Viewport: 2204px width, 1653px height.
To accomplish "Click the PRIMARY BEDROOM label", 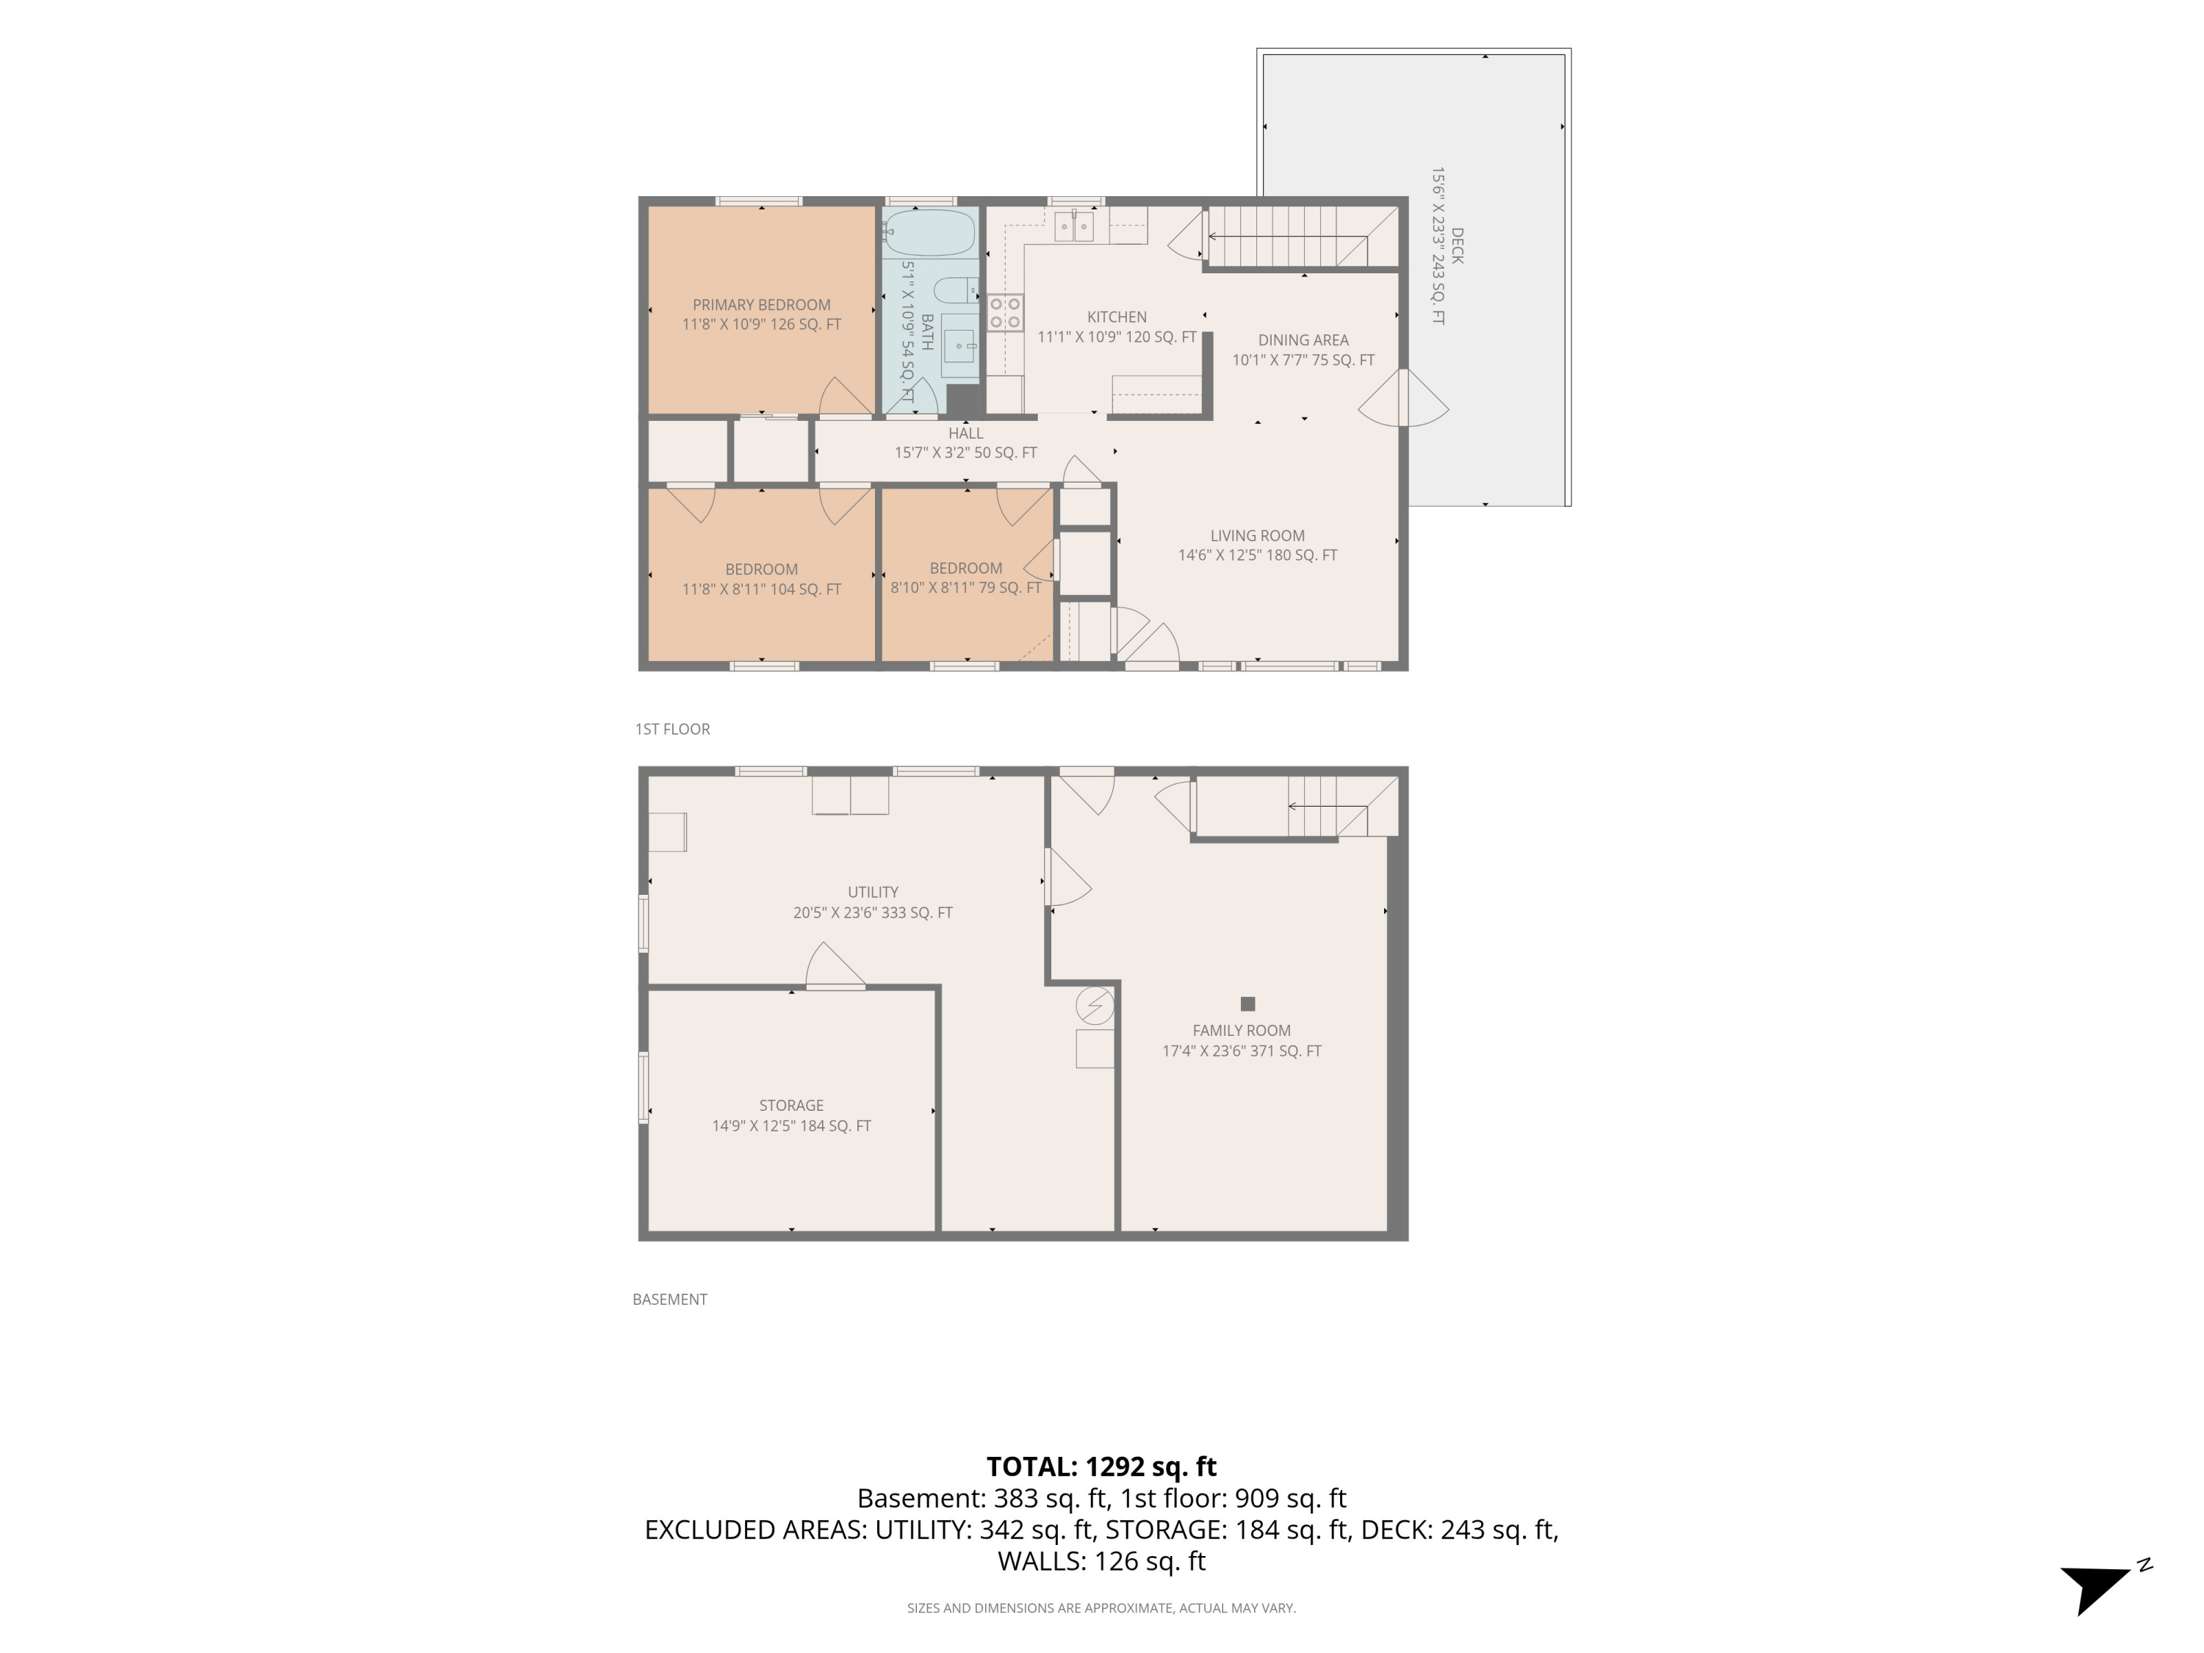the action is click(x=761, y=305).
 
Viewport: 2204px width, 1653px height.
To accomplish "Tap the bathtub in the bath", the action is click(x=929, y=233).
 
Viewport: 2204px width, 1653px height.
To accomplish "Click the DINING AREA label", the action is click(x=1303, y=339).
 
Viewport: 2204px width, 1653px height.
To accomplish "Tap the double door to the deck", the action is click(x=1404, y=397).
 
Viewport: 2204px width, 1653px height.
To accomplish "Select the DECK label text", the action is click(x=1457, y=246).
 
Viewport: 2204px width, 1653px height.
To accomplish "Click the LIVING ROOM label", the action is click(x=1258, y=535).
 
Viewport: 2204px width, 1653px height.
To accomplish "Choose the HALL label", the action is click(x=965, y=433).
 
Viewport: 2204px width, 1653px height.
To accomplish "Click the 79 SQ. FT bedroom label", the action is click(x=965, y=578).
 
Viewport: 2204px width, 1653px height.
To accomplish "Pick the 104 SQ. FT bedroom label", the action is click(x=761, y=579).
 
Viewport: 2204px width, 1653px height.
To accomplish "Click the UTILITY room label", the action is click(x=873, y=893).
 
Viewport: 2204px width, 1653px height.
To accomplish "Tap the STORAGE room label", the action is click(x=791, y=1105).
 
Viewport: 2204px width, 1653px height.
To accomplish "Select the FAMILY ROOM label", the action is click(x=1242, y=1030).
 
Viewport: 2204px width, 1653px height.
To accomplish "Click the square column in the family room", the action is click(x=1247, y=1004).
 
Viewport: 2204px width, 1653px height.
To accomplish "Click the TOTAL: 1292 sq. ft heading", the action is click(x=1101, y=1466).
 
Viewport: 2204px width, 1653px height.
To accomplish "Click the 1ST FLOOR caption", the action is click(x=672, y=730).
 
